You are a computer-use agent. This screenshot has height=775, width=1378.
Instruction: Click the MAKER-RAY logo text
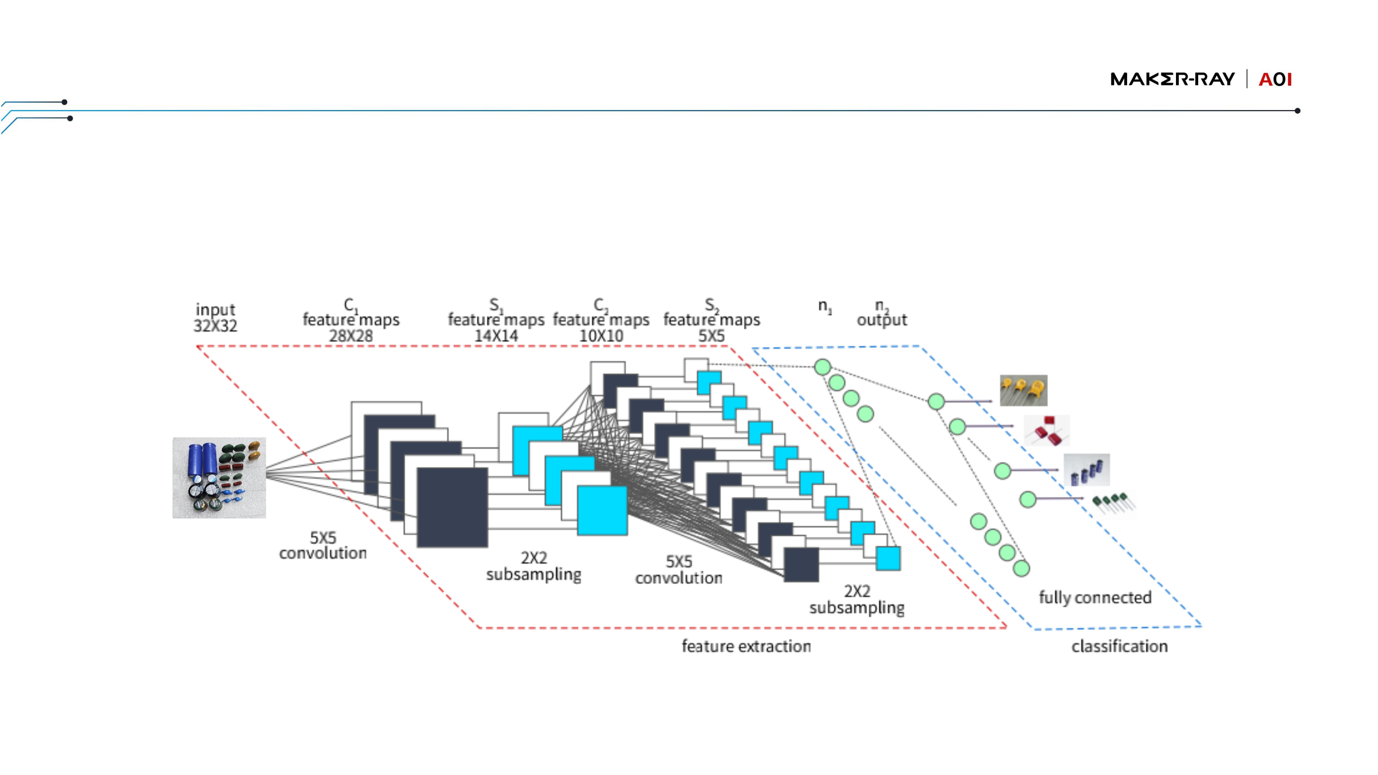(x=1172, y=79)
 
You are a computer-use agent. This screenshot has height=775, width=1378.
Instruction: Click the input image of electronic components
(x=219, y=478)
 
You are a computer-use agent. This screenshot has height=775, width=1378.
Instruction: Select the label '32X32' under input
(x=215, y=326)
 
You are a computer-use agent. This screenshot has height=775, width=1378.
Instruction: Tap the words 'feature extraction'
(x=746, y=646)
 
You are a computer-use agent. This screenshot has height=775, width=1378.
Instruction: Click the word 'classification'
(x=1119, y=646)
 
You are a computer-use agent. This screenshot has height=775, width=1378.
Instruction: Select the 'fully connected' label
(x=1095, y=597)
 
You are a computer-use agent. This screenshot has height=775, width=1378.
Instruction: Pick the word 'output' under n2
(x=882, y=320)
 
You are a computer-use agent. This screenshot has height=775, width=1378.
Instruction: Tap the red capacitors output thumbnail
(x=1047, y=431)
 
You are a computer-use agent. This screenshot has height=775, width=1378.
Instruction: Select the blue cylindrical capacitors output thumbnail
(x=1087, y=470)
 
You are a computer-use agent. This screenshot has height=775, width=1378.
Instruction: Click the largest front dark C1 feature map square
(x=452, y=507)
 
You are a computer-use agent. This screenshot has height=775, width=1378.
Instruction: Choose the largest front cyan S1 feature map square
(x=603, y=510)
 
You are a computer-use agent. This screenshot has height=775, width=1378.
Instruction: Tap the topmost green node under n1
(x=823, y=367)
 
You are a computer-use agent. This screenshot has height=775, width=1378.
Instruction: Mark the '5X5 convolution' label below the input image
(x=323, y=545)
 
